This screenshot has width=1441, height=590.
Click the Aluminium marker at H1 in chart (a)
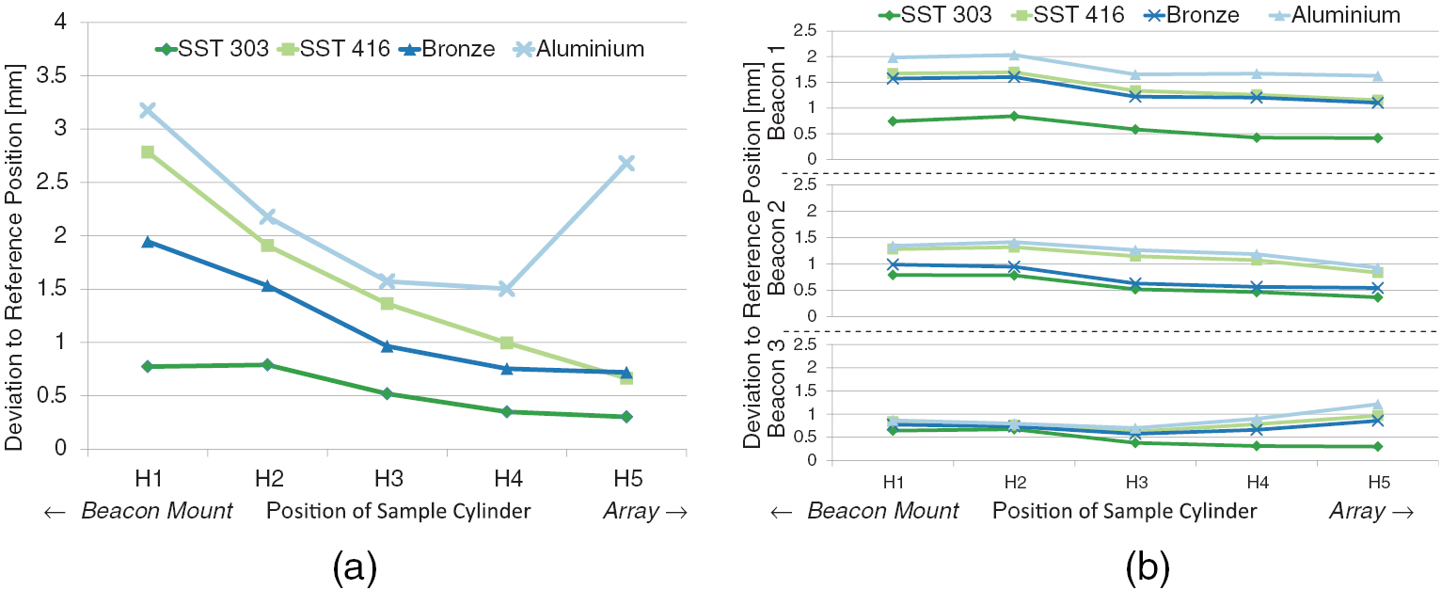(147, 110)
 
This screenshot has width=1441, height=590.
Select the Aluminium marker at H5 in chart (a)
(627, 164)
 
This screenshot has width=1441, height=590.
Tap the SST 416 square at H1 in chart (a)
(147, 151)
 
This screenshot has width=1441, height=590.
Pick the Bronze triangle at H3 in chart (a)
(388, 346)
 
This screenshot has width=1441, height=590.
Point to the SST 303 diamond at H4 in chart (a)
(507, 411)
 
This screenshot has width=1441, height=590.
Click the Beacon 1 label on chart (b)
(777, 108)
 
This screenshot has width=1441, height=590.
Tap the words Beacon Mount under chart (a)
(156, 512)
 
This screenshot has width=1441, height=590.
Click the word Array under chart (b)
(1357, 512)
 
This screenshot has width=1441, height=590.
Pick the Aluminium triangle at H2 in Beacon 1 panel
(1014, 55)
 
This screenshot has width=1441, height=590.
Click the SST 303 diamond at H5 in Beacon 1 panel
(1377, 137)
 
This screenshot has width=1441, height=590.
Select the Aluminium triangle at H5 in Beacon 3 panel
(1377, 405)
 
